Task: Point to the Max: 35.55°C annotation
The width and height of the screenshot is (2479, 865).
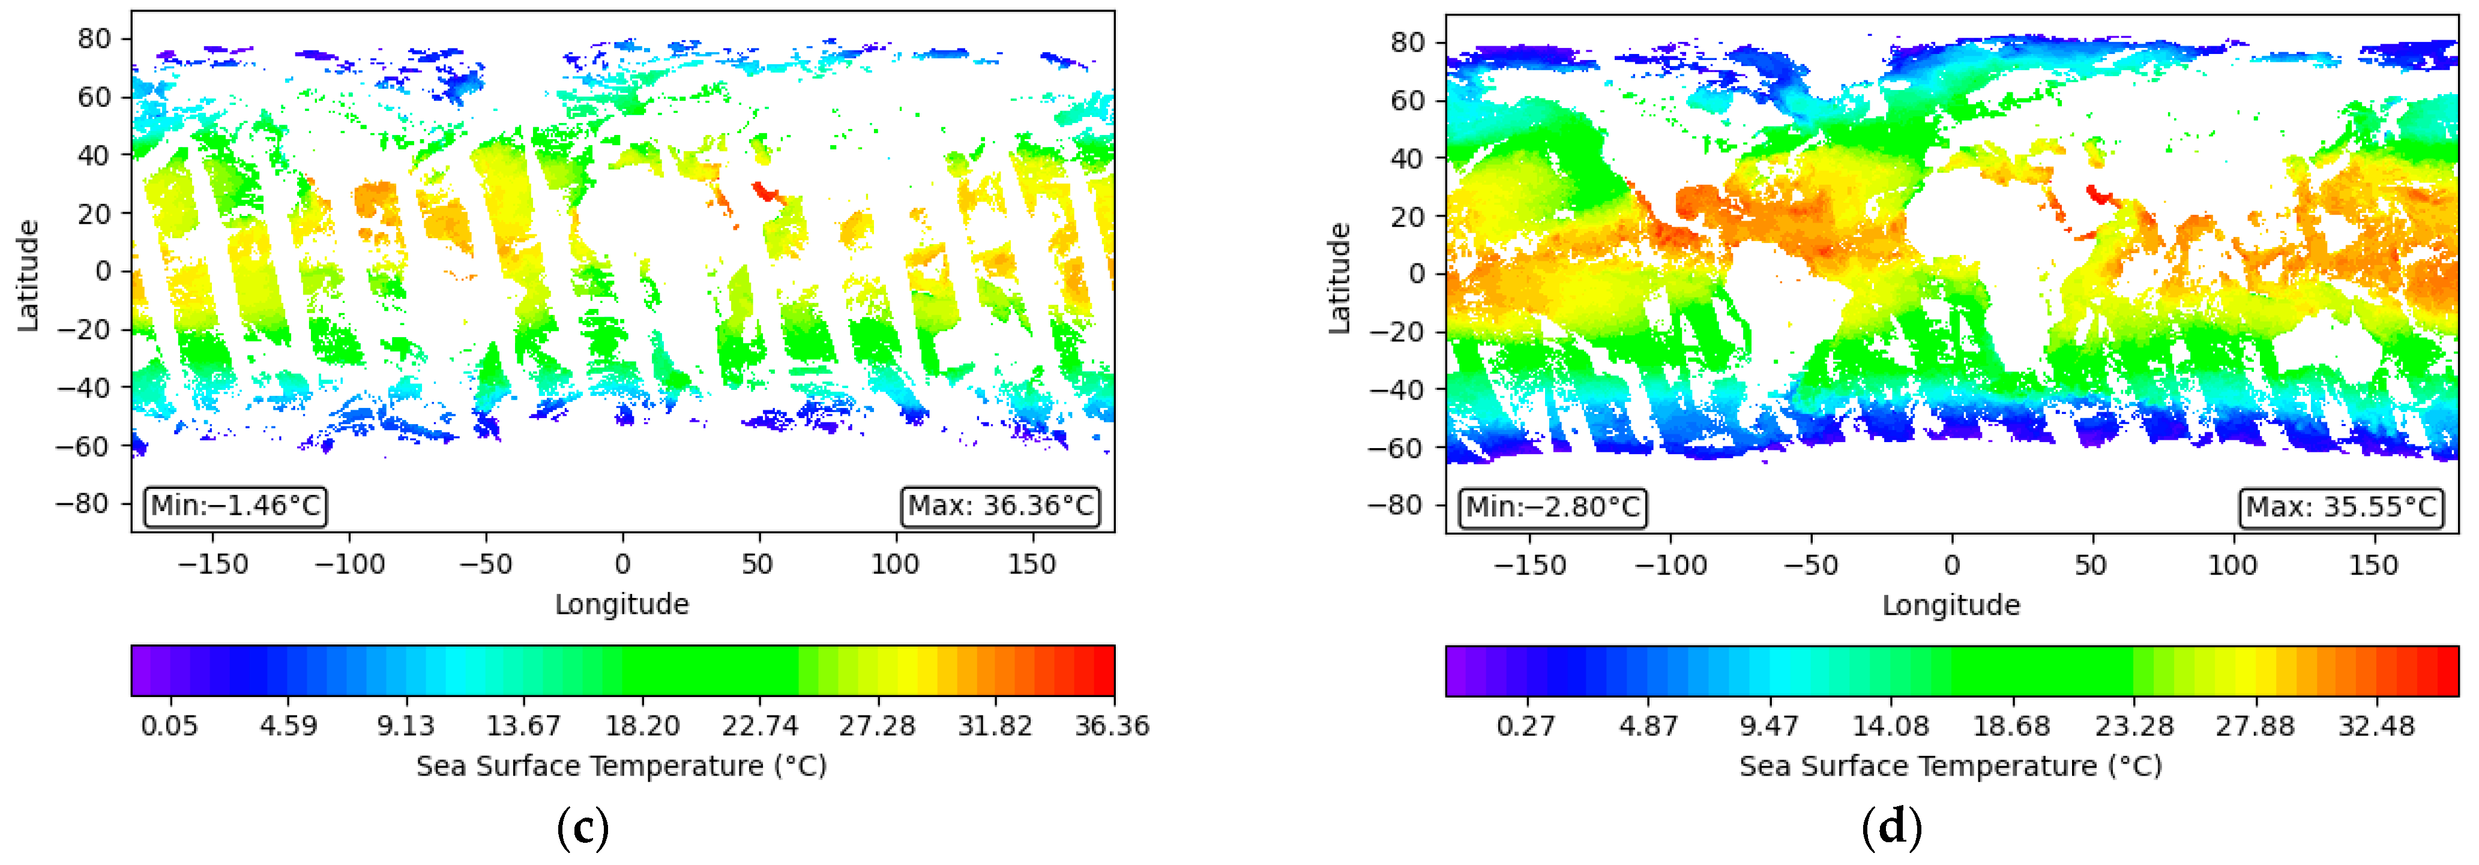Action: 2340,507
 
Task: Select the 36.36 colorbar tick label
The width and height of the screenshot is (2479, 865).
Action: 1112,725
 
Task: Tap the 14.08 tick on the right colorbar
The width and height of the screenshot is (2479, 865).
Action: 1890,725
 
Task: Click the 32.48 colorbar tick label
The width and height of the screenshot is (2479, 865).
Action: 2376,725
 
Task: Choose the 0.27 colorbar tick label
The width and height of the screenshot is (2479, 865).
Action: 1525,725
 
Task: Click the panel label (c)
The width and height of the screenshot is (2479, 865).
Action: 582,827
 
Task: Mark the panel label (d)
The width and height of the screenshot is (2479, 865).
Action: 1891,827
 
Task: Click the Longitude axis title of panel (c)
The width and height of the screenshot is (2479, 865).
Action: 622,604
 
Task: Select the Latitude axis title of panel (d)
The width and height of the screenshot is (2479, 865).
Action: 1340,278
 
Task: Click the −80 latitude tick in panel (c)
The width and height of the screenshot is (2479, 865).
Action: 83,503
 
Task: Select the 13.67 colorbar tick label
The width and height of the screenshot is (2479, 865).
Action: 523,725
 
